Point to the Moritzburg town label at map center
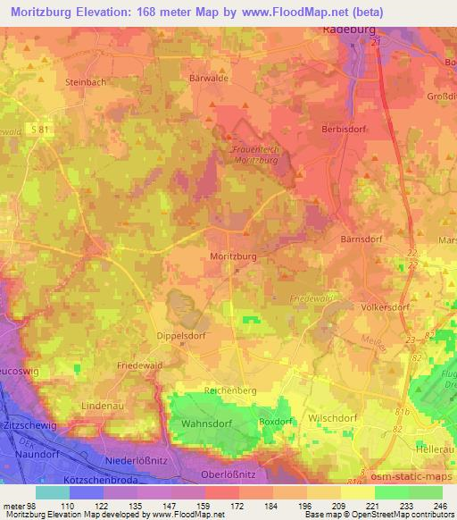[x=234, y=256]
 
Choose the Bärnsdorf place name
[x=361, y=239]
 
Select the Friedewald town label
[x=140, y=366]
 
